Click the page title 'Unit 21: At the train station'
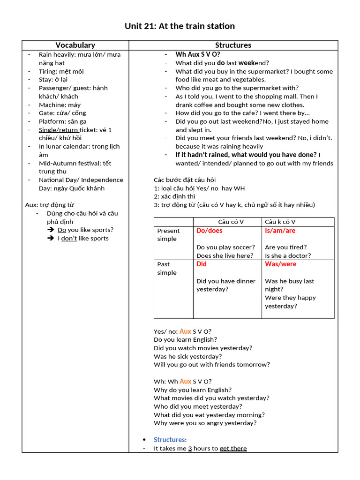pos(180,26)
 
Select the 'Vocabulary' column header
pos(75,45)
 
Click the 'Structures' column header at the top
pos(233,45)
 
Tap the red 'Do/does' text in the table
pos(210,231)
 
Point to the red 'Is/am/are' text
pos(280,231)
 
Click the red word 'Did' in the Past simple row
pos(202,264)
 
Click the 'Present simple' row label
pos(168,234)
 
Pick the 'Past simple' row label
pos(167,268)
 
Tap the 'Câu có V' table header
pos(231,222)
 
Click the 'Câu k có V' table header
pos(280,222)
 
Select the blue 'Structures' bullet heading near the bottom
pos(169,440)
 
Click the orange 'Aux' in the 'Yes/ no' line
pos(185,331)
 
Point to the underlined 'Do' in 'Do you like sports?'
pos(62,230)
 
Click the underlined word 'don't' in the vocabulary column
pos(69,238)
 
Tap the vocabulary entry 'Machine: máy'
pos(60,105)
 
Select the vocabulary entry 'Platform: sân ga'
pos(62,121)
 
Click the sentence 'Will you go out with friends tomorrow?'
pos(211,364)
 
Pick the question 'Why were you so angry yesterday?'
pos(205,423)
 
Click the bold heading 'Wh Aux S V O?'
pos(198,54)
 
